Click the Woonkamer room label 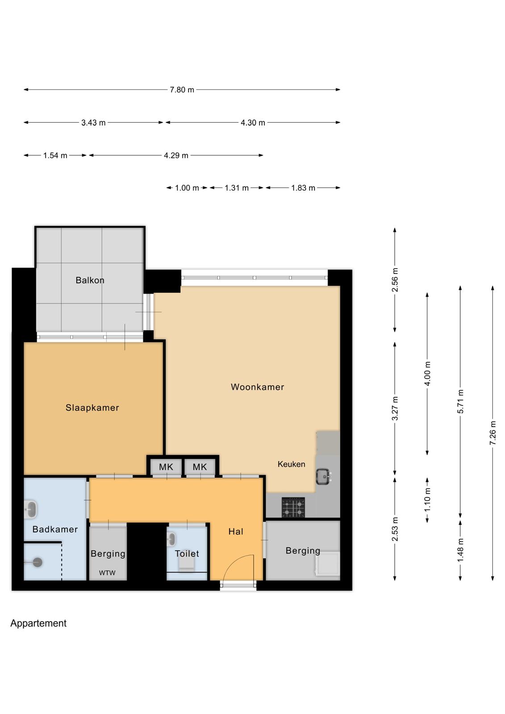257,387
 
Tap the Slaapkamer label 92,408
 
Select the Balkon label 90,280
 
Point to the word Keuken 291,464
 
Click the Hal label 236,531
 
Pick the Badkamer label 55,529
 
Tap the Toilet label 187,554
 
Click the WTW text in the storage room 107,573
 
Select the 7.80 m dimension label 182,90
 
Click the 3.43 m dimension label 93,123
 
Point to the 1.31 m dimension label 237,188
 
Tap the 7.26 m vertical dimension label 493,433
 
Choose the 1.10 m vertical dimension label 427,499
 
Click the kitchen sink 323,477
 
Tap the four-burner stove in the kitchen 293,507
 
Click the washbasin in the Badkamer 31,509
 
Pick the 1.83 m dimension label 303,188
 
